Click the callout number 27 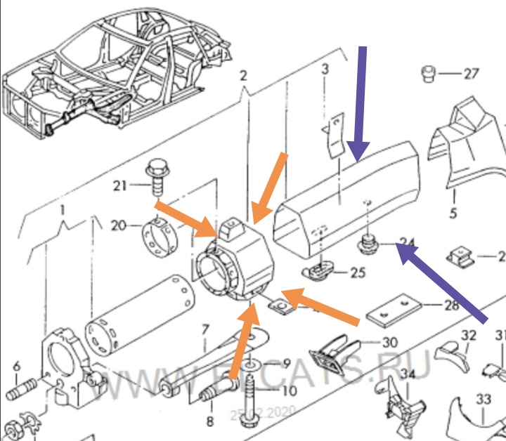(x=470, y=74)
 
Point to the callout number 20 (x=119, y=226)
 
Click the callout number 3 (x=325, y=69)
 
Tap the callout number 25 (x=358, y=272)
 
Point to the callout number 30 (x=389, y=343)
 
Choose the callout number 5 (x=453, y=213)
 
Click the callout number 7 (x=205, y=329)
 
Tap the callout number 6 (x=17, y=365)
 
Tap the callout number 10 (x=290, y=391)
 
